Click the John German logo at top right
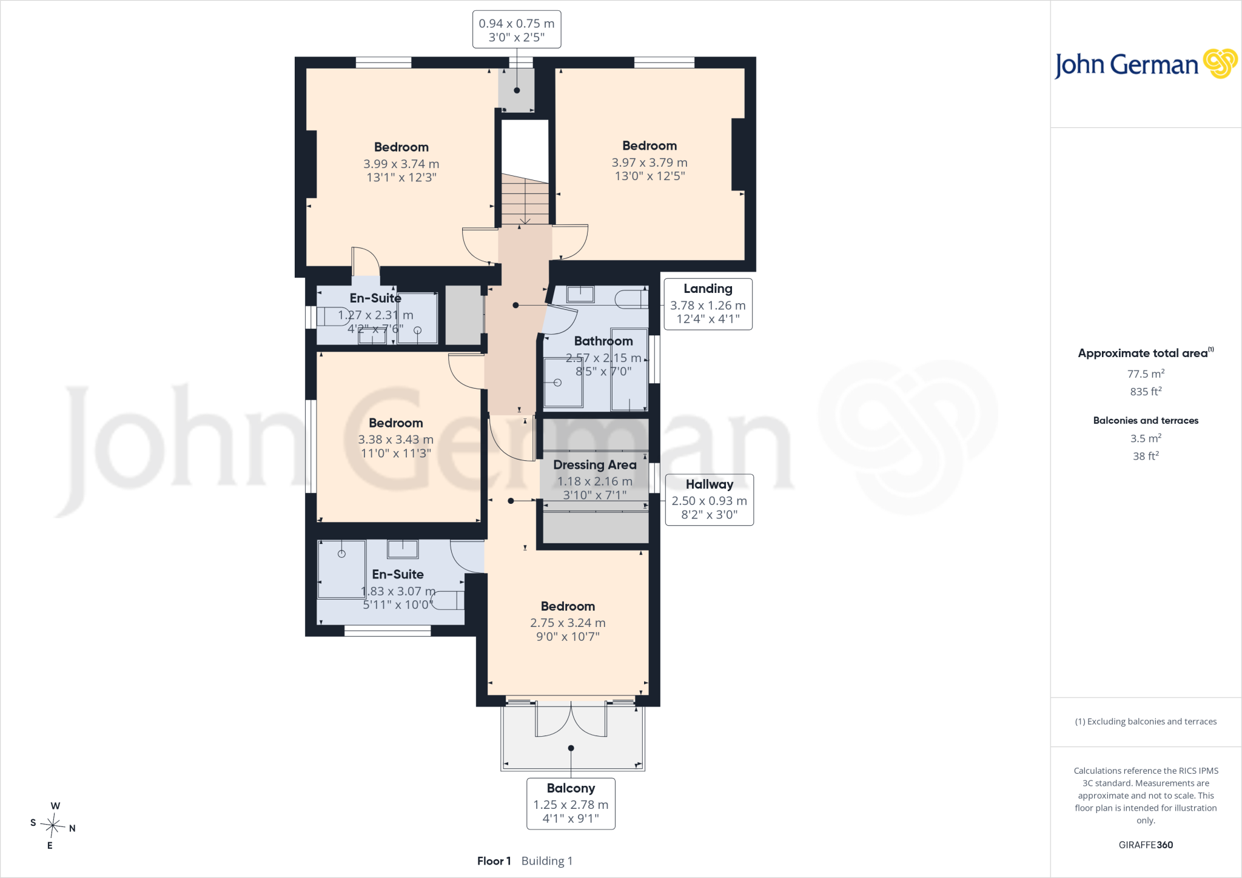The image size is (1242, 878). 1146,64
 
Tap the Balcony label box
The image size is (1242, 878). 571,803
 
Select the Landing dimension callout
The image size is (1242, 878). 708,304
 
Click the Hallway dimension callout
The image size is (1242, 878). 709,500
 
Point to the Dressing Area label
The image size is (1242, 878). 595,465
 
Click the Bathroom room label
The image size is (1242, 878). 603,341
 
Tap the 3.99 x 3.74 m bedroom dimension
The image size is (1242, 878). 401,164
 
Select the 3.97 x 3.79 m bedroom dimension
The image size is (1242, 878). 650,163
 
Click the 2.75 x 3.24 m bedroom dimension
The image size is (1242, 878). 568,623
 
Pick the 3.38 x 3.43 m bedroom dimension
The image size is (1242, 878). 395,440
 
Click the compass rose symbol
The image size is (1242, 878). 53,825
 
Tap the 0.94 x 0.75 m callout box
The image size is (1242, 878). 517,30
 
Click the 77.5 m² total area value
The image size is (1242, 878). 1146,374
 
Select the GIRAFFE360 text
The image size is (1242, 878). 1146,845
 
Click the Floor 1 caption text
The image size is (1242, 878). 494,861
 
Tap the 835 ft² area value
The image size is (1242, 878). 1146,391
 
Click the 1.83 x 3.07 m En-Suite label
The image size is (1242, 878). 398,591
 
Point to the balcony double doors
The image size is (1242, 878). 571,719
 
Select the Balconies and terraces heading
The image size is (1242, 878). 1146,420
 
